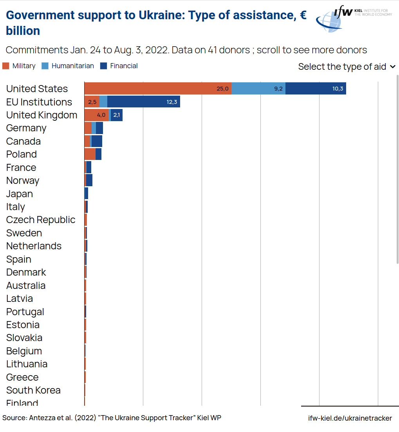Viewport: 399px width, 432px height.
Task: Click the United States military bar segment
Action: pos(158,89)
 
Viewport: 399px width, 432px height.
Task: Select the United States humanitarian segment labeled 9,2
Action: pos(258,89)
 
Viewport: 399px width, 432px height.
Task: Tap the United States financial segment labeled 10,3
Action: pos(316,89)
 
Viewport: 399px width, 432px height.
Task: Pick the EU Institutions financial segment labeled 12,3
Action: pos(143,102)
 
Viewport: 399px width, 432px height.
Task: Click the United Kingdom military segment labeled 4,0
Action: pos(96,115)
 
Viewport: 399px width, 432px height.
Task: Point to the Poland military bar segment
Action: pos(90,154)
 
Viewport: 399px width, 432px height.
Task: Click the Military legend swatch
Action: pos(6,66)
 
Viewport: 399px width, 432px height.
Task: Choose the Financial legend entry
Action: pos(119,66)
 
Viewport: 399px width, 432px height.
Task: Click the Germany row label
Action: pos(26,128)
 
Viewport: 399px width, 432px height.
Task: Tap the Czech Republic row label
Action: pos(41,220)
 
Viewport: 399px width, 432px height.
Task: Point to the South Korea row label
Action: pos(33,390)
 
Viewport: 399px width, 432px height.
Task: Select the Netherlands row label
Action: pos(34,246)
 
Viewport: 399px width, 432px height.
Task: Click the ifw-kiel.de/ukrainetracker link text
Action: pos(350,418)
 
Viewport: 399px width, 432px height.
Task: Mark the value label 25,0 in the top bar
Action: pos(222,89)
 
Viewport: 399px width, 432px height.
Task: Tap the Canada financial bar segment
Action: pos(97,141)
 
